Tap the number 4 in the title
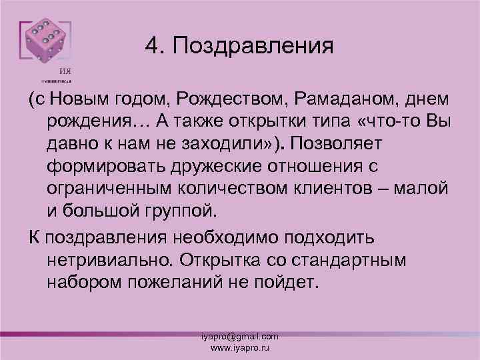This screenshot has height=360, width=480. tap(150, 46)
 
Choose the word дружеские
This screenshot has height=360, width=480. tap(217, 165)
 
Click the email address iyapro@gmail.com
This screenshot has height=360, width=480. tap(240, 337)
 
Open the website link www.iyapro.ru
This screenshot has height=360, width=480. tap(240, 347)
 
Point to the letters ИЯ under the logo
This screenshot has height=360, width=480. tap(65, 73)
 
